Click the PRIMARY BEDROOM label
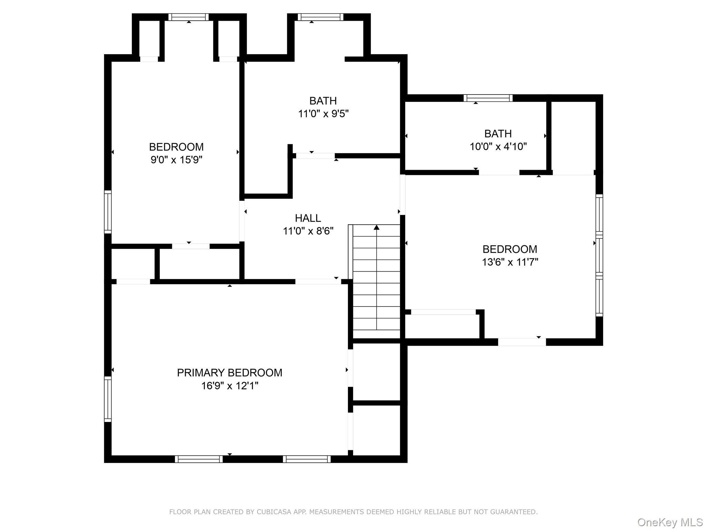pos(230,373)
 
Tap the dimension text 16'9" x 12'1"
pos(230,386)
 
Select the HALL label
pos(308,218)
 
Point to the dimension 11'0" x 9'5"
pos(323,114)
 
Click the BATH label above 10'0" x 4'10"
pos(498,134)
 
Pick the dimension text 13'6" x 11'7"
pos(510,262)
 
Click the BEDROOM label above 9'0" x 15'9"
pos(176,147)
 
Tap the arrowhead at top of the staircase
pos(377,227)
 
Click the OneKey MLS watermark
pos(670,522)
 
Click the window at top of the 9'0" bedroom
pos(188,17)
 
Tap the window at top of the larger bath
pos(320,17)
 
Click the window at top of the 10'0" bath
pos(488,98)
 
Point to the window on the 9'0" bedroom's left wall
pos(108,212)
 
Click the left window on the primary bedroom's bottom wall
pos(198,459)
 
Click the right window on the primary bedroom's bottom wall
pos(307,459)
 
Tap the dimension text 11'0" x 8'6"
pos(308,231)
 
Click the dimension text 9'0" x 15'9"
pos(176,160)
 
